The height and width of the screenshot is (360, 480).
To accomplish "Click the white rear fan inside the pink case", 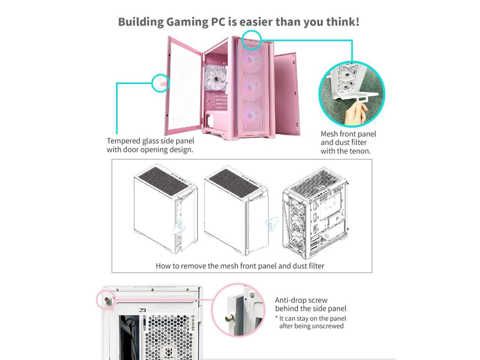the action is (x=216, y=78).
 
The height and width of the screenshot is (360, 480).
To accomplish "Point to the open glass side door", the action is (x=184, y=86).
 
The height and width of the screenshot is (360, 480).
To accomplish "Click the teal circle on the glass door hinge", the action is (x=160, y=83).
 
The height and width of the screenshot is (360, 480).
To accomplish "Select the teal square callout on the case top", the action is (x=251, y=40).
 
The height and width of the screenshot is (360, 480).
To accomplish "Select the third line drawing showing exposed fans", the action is (x=315, y=214).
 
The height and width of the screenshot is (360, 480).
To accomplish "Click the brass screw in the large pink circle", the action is (x=228, y=318).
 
